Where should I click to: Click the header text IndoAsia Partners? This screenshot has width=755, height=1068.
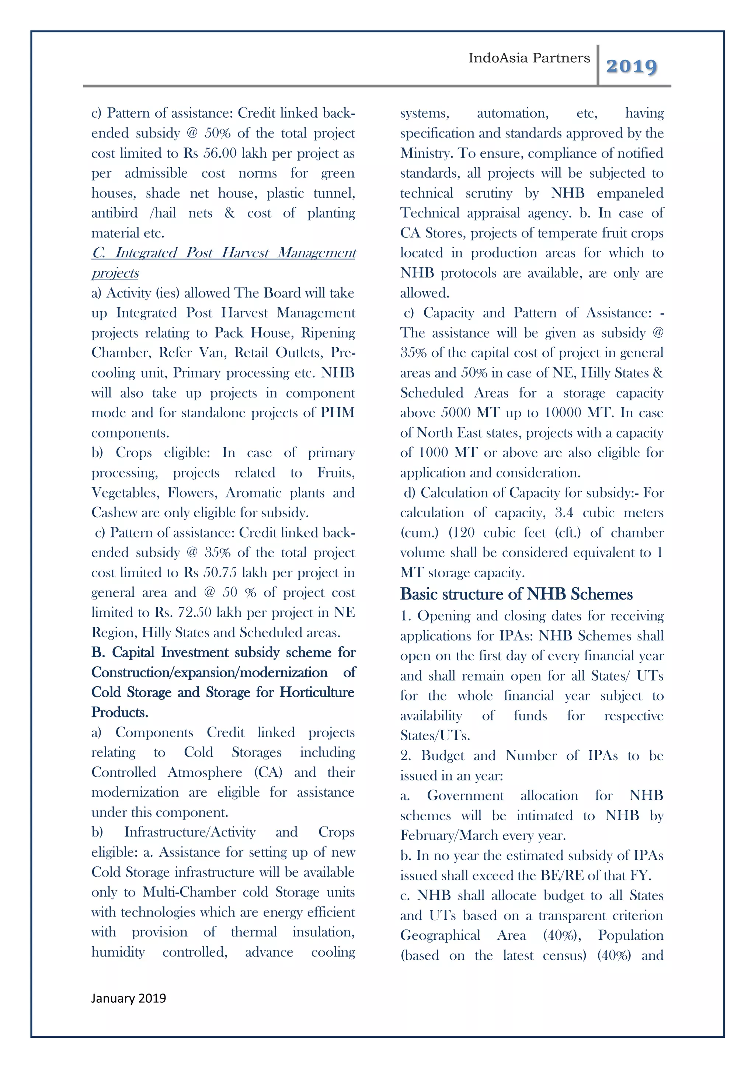pos(529,58)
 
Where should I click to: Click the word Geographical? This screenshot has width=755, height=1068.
pos(440,935)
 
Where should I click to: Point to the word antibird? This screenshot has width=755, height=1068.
pos(114,213)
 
